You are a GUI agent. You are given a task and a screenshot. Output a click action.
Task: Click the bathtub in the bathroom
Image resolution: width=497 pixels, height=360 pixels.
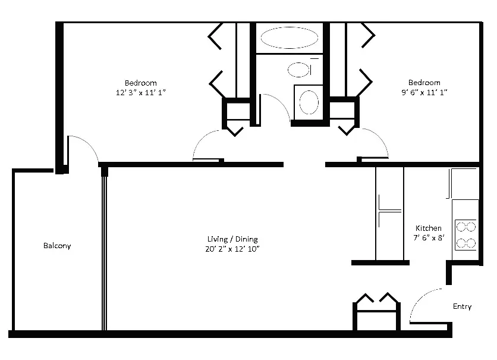[x=289, y=37]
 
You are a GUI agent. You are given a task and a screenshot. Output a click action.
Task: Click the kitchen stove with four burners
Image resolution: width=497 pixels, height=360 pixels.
[x=465, y=234]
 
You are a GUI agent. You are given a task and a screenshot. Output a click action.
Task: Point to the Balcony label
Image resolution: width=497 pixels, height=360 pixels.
[x=57, y=246]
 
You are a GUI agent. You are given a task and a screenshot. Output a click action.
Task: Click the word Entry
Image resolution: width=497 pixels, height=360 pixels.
[x=462, y=307]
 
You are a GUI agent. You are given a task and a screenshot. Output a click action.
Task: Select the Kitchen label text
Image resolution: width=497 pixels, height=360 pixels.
[x=428, y=228]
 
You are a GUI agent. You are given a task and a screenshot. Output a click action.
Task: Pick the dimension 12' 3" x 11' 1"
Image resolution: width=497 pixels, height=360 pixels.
[x=140, y=92]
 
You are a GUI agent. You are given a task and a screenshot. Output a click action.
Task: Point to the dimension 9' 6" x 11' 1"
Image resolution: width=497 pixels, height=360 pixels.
[x=424, y=92]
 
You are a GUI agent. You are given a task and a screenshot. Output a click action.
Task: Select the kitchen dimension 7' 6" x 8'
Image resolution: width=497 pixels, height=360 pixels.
[x=428, y=238]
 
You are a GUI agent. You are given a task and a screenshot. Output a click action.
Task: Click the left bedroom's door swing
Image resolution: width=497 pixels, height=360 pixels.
[x=205, y=143]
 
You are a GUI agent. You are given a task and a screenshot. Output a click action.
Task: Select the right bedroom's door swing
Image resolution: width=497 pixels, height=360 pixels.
[x=376, y=142]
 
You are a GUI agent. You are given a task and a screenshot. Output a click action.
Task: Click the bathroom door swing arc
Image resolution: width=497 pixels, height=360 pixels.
[x=276, y=104]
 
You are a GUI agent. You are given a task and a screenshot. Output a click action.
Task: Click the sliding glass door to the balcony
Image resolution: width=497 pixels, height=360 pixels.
[x=105, y=250]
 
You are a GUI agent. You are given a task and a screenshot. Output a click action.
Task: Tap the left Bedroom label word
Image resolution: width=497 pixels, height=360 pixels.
[x=140, y=82]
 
